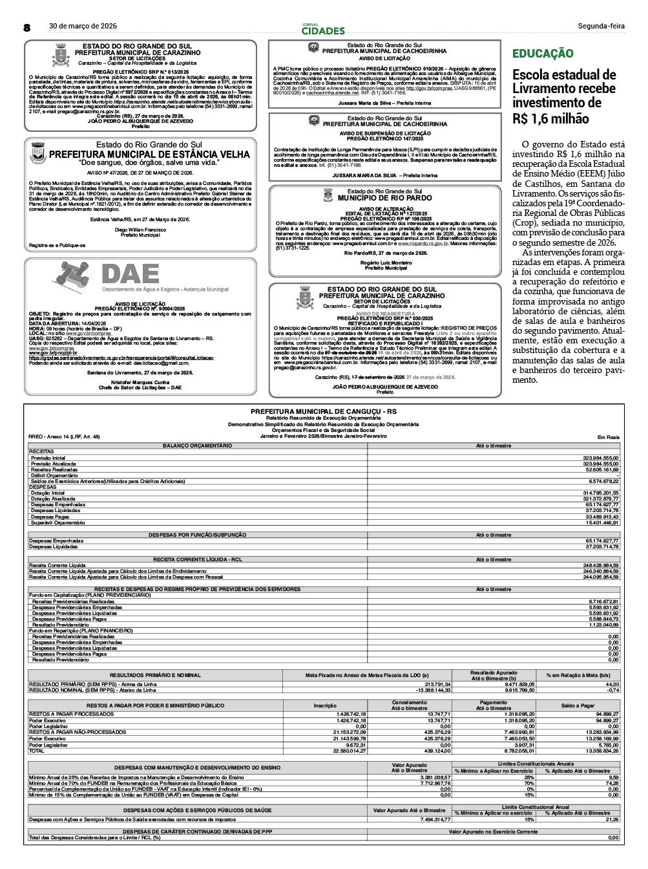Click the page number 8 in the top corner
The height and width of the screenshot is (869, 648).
pos(27,27)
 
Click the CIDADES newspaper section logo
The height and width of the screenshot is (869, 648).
pos(323,30)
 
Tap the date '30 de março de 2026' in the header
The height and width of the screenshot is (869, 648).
pos(83,26)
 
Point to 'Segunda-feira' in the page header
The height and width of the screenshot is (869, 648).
pos(601,26)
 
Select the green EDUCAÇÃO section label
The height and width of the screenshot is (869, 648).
pos(542,54)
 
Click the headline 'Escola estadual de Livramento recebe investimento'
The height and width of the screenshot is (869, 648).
pos(564,96)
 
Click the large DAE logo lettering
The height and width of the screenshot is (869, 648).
pos(130,275)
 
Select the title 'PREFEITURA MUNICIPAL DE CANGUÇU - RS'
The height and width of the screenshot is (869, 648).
pos(323,411)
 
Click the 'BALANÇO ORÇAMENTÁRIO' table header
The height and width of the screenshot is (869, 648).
pos(197,445)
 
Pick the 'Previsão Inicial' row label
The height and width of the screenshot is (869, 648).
pos(48,458)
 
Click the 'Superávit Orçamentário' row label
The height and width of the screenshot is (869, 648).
pos(59,522)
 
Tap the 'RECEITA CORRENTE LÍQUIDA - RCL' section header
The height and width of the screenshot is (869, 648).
pos(197,559)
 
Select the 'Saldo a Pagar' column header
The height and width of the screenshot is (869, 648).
pos(578,705)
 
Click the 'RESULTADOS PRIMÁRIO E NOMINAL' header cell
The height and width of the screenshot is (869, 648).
pos(155,675)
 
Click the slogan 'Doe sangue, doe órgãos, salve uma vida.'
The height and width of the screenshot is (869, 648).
pos(140,163)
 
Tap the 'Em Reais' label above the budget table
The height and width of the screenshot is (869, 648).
pos(609,437)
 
